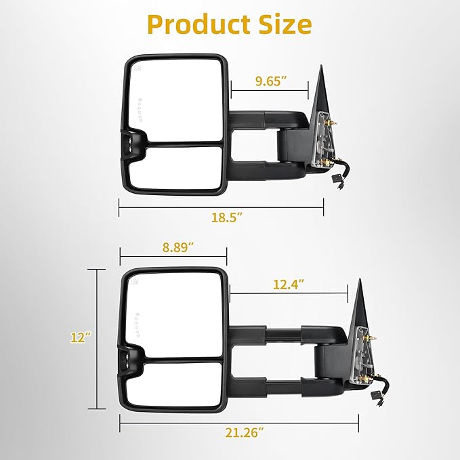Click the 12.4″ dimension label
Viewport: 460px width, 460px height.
point(289,285)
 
